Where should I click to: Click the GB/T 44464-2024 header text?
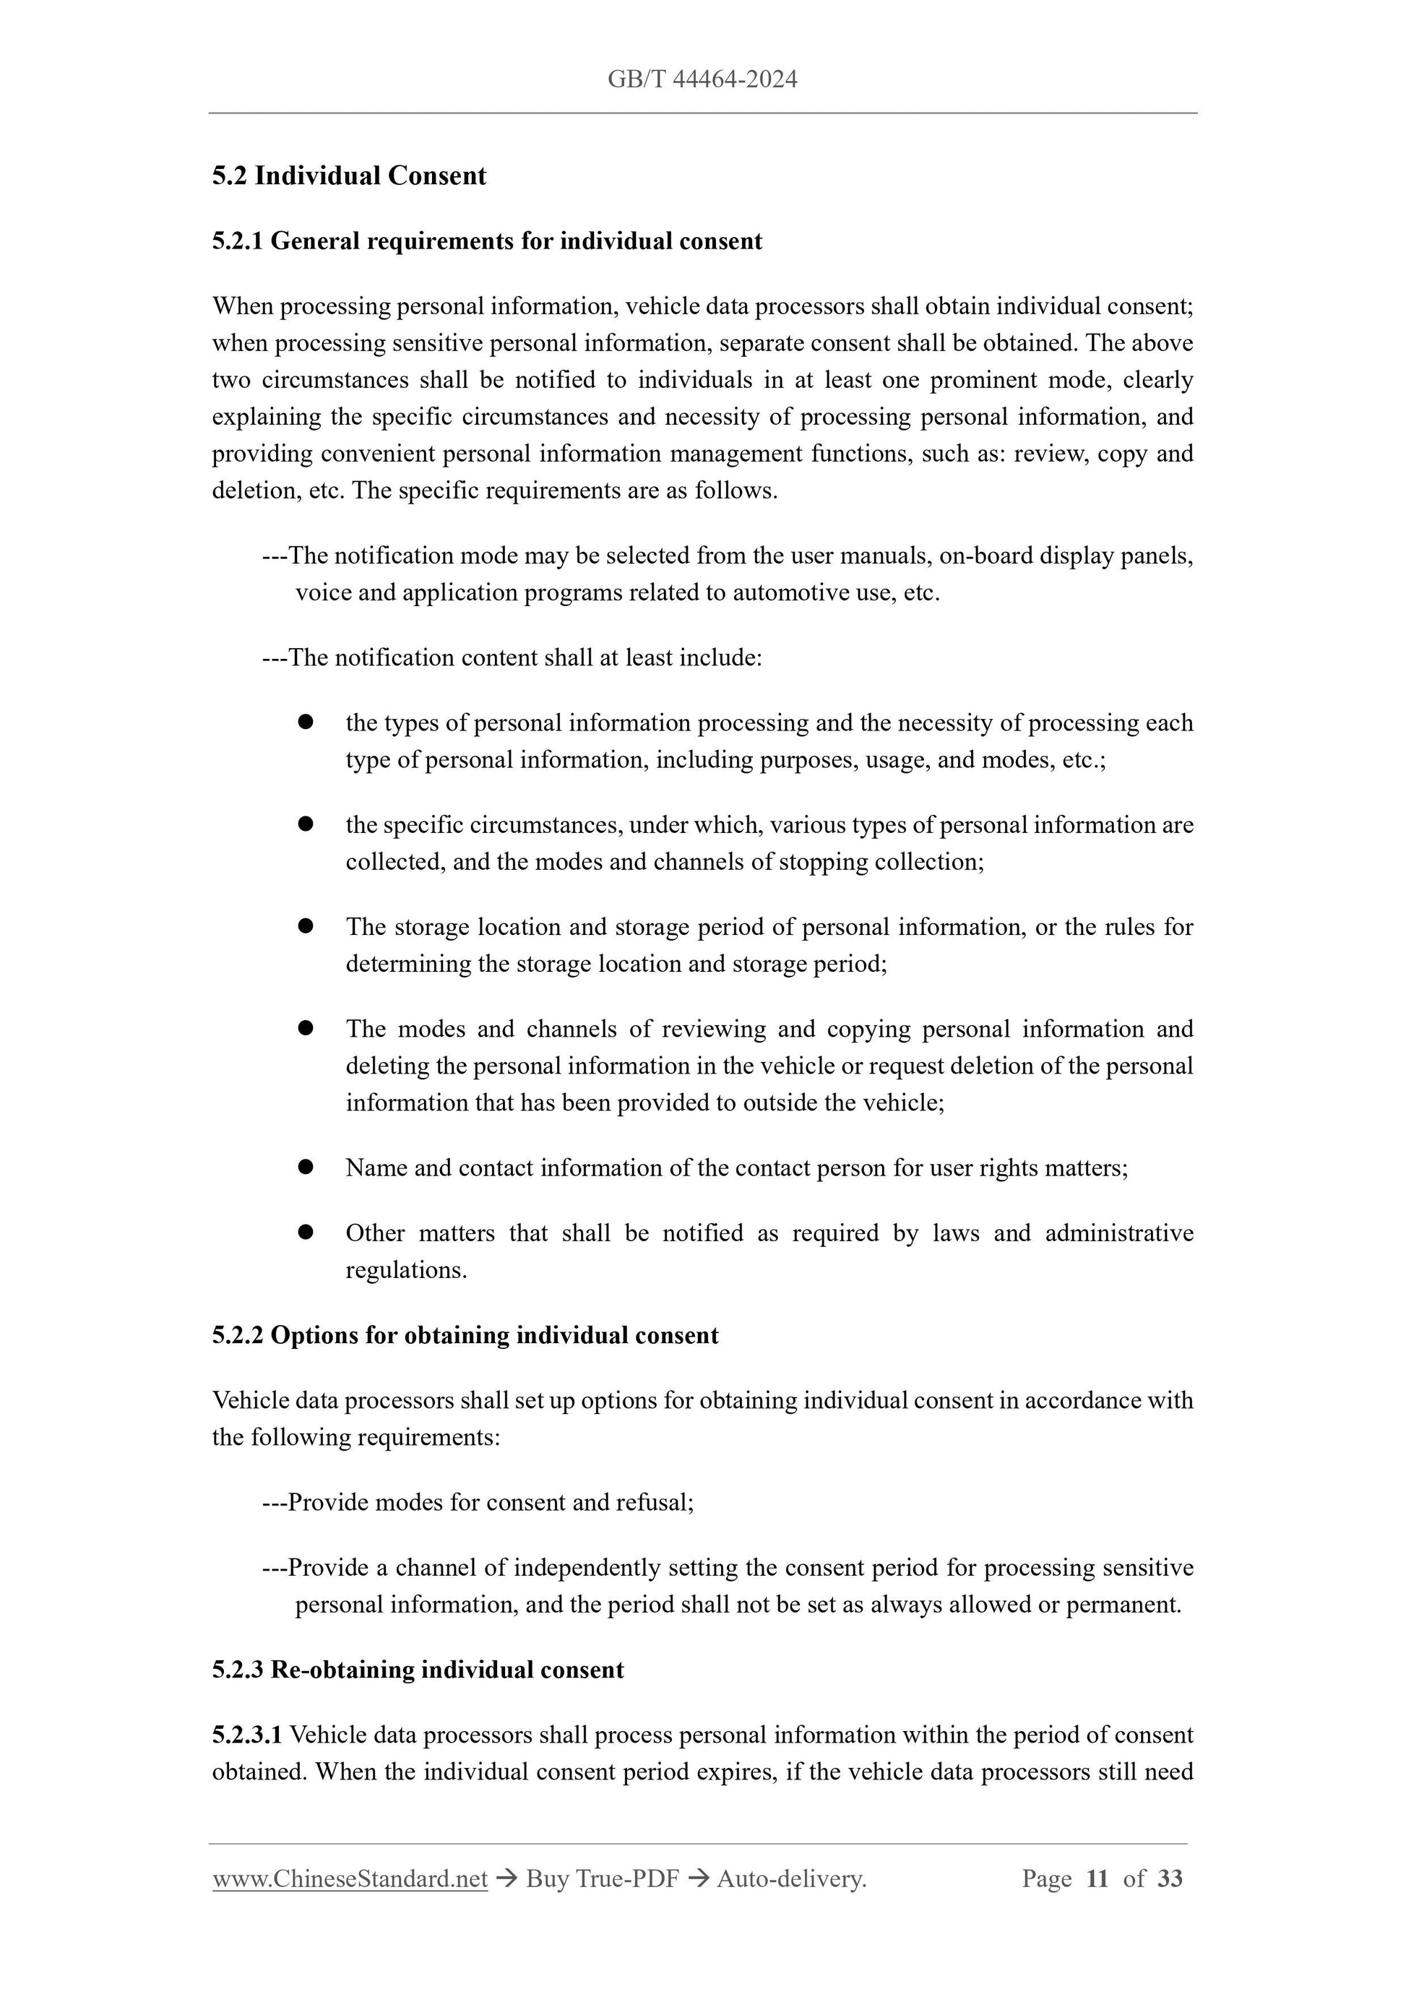[702, 79]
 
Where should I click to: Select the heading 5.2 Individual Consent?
[348, 176]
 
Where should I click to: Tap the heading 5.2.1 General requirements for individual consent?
[487, 241]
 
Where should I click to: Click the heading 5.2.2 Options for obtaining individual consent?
[465, 1335]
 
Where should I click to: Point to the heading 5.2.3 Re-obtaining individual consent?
[418, 1670]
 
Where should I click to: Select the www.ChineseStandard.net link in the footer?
[350, 1878]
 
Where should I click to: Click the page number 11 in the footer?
[1097, 1878]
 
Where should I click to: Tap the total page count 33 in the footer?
[1170, 1878]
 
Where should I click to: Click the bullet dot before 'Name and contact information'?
[305, 1167]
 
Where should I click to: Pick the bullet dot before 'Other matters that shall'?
[305, 1232]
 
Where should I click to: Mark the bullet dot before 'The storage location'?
[305, 926]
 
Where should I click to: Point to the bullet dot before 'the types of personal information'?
[305, 722]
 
